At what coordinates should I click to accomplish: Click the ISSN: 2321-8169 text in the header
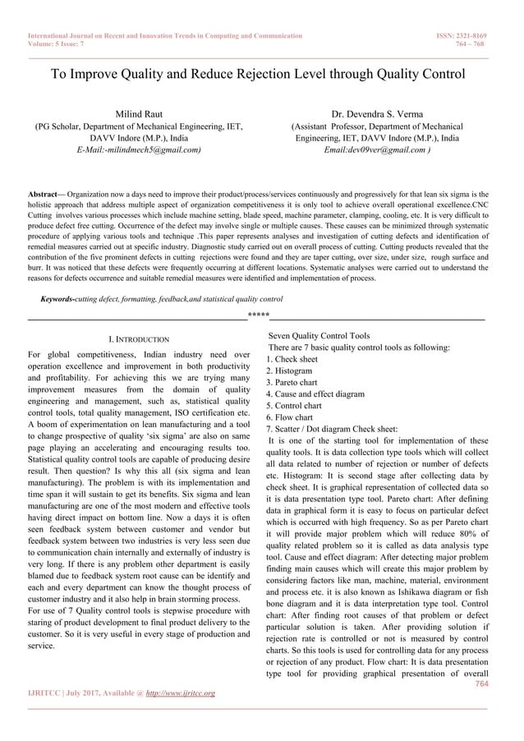coord(466,36)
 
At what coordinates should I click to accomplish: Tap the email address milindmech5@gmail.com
coord(139,150)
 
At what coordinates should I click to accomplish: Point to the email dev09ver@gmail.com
coord(377,150)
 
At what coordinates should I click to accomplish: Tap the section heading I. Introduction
coord(139,338)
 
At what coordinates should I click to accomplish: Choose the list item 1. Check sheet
coord(292,359)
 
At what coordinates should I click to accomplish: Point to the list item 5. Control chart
coord(295,405)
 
